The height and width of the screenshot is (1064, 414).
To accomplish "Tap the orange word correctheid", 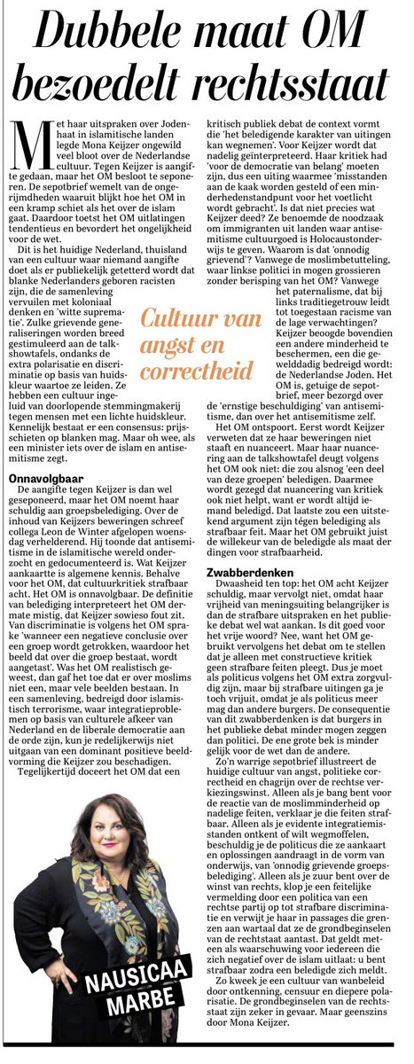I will click(x=194, y=370).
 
